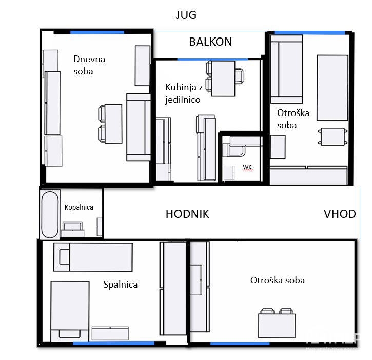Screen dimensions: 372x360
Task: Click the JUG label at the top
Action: tap(186, 15)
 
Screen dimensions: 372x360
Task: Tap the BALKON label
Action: tap(210, 42)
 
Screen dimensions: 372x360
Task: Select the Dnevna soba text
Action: tap(89, 65)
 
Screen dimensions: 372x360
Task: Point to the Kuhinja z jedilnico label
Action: tap(184, 93)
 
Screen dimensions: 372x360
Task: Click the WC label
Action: tap(247, 167)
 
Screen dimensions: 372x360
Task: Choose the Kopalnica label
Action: tap(79, 207)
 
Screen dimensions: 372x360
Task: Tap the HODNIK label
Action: tap(187, 214)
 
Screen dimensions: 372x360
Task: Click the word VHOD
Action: tap(340, 214)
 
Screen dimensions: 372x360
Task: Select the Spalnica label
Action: tap(120, 285)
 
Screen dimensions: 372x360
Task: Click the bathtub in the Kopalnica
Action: tap(50, 215)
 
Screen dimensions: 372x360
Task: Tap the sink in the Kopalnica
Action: tap(72, 230)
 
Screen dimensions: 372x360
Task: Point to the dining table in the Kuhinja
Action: tap(223, 79)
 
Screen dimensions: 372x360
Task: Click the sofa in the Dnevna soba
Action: tap(139, 127)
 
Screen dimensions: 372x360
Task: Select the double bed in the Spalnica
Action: tap(70, 312)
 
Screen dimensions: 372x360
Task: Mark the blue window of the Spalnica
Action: tap(113, 343)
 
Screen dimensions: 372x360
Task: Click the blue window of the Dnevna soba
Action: tap(97, 32)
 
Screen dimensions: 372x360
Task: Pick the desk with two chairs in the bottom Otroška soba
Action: tap(277, 323)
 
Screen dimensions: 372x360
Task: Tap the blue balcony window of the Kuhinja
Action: tap(212, 59)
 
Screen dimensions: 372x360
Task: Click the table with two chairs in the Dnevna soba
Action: tap(110, 124)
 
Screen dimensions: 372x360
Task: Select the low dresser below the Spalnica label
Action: tap(110, 333)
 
